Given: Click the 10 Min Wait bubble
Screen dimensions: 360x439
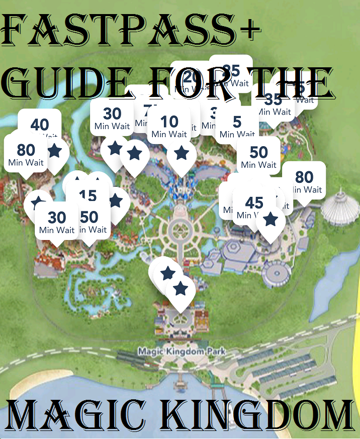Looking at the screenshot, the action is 169,126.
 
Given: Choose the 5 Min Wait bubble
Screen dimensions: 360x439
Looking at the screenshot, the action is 237,126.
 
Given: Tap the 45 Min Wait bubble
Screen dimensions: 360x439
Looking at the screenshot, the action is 254,207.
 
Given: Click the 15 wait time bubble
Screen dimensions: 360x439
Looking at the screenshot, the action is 88,196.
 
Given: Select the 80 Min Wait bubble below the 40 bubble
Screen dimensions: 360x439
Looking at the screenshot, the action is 26,154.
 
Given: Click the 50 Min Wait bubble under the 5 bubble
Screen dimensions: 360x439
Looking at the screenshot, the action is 258,156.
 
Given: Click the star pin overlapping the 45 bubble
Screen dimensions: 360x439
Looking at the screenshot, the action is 271,220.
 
